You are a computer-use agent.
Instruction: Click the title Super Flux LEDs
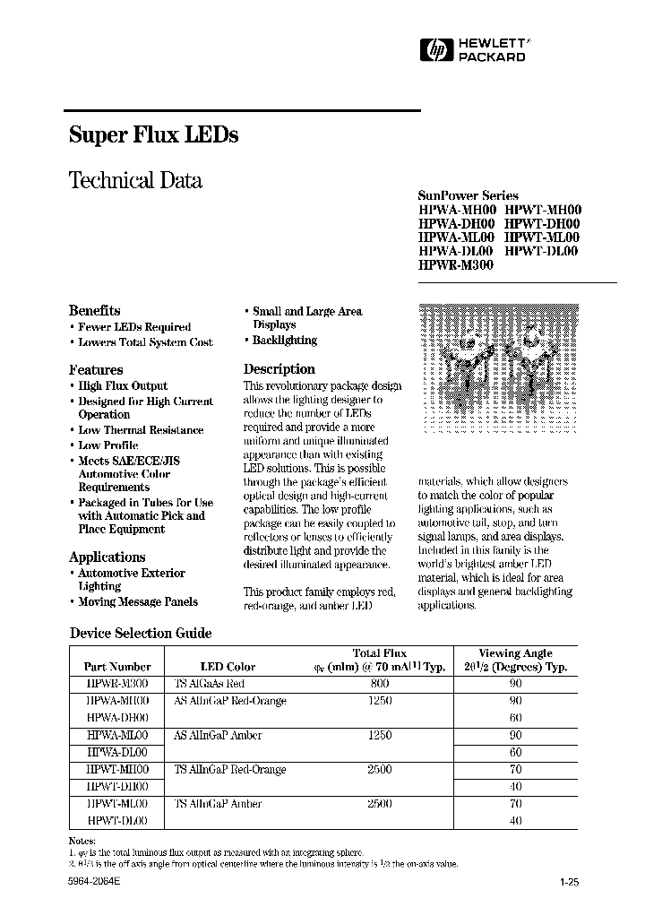coord(153,135)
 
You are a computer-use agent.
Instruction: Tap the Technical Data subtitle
coord(135,180)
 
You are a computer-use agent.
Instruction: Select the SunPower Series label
coord(468,194)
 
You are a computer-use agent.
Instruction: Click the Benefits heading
coord(94,310)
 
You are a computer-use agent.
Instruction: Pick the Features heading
coord(96,369)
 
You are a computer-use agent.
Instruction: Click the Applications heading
coord(107,557)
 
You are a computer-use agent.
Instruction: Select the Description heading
coord(279,368)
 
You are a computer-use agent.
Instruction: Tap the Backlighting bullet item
coord(284,341)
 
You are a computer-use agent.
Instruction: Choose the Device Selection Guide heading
coord(141,633)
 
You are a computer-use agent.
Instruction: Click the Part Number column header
coord(117,667)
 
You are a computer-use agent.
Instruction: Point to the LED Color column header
coord(228,667)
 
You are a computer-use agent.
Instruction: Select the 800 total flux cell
coord(380,682)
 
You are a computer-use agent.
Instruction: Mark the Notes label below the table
coord(82,840)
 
